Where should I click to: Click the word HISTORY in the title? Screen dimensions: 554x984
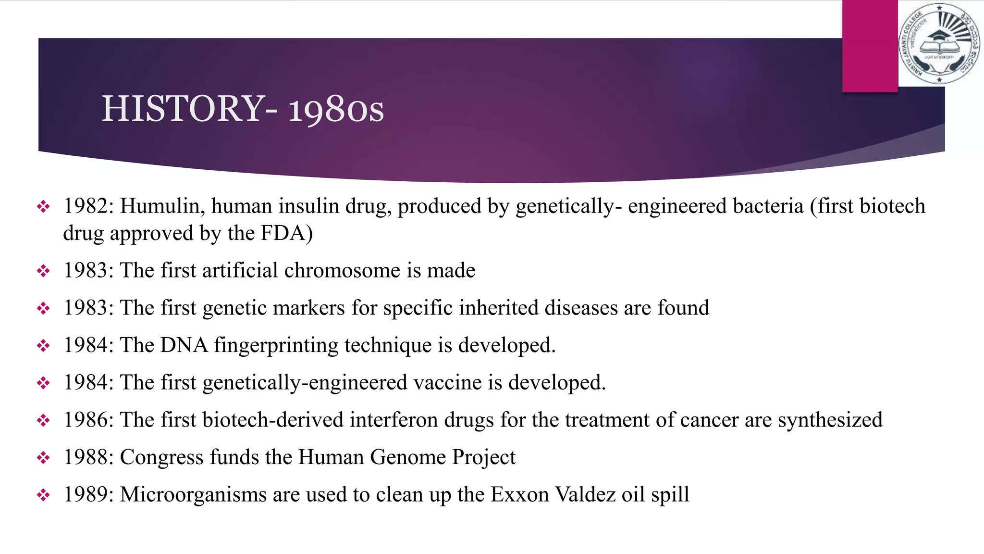tap(183, 108)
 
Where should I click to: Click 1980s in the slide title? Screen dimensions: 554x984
tap(336, 110)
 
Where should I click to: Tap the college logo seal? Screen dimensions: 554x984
tap(939, 43)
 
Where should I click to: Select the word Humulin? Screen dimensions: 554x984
tap(160, 206)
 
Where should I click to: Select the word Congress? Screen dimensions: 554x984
tap(161, 458)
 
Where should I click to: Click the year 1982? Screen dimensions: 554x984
tap(86, 206)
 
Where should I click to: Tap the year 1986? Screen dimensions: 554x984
tap(86, 420)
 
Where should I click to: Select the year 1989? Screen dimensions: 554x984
tap(86, 495)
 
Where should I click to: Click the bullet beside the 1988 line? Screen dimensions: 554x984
tap(43, 458)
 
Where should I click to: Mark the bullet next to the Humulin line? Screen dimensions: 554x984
tap(43, 207)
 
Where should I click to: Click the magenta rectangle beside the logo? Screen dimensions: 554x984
tap(870, 46)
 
